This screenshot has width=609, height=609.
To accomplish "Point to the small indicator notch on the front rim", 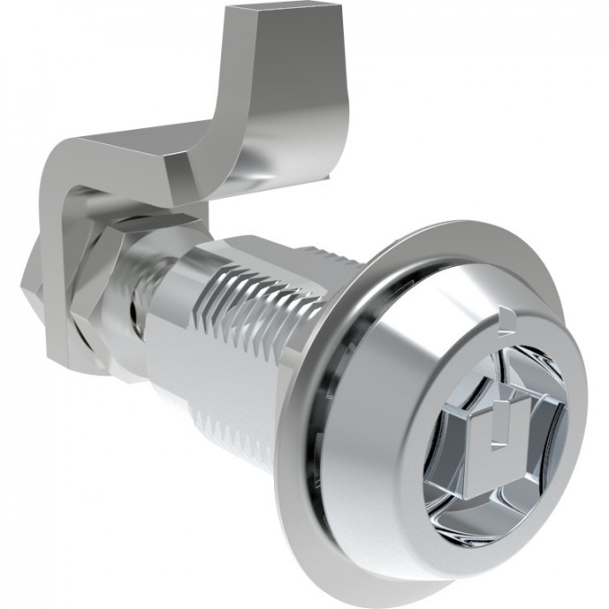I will (x=508, y=315).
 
